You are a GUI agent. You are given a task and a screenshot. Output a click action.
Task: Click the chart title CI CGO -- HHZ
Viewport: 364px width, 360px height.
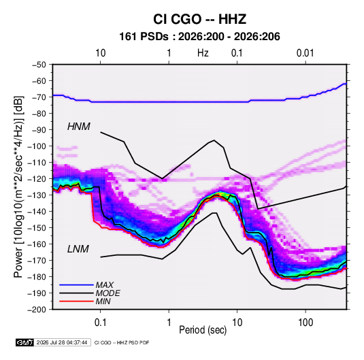coord(199,19)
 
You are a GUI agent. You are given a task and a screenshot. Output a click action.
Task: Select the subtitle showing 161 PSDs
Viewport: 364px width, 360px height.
coord(199,37)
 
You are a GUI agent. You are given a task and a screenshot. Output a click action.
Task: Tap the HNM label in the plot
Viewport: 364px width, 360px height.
coord(79,127)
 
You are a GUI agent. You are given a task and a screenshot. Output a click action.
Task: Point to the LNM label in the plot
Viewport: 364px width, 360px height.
coord(78,249)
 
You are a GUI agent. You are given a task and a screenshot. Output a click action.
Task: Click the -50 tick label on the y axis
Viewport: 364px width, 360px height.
coord(39,65)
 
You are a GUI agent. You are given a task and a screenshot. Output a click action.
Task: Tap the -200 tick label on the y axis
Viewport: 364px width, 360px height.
coord(37,310)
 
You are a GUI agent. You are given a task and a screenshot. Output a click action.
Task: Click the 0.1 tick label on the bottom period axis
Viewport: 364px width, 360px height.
coord(100,323)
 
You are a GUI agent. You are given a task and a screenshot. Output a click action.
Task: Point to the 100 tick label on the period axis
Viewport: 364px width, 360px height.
coord(305,323)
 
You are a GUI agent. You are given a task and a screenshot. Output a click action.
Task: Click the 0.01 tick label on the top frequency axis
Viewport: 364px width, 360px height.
coord(305,53)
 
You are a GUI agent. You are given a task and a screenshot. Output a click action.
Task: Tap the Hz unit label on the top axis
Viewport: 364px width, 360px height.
coord(203,53)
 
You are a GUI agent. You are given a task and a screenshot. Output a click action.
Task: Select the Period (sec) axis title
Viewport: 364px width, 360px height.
coord(203,330)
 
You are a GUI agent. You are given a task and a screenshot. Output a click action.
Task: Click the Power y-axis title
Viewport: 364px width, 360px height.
coord(18,186)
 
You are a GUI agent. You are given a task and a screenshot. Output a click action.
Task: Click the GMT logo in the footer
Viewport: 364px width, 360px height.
coord(24,342)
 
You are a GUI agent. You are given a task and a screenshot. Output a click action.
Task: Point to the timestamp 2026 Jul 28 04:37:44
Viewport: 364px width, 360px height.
coord(62,342)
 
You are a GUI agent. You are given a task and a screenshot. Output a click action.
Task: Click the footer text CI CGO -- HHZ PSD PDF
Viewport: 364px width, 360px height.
coord(122,342)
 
